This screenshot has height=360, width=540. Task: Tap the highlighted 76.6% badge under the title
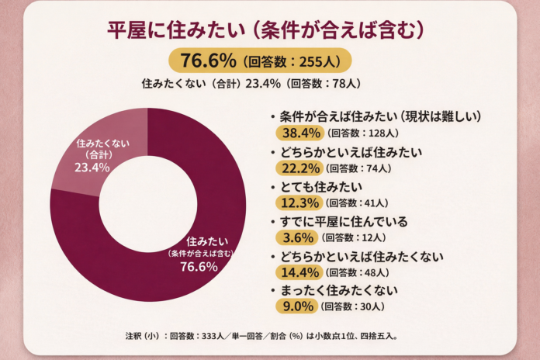click(x=209, y=60)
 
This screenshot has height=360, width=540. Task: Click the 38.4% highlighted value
click(x=298, y=133)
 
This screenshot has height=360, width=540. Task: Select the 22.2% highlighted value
click(x=298, y=168)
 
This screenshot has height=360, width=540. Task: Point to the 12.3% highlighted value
click(x=298, y=202)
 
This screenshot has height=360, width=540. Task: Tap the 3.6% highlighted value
click(x=295, y=237)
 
